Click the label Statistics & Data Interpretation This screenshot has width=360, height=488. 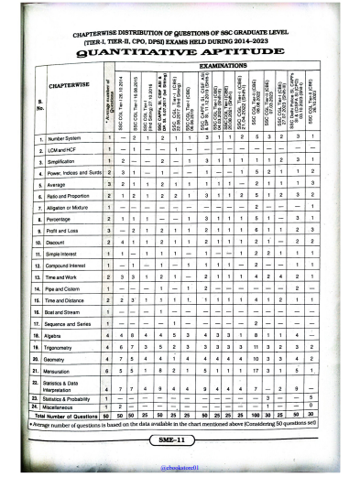(x=64, y=390)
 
